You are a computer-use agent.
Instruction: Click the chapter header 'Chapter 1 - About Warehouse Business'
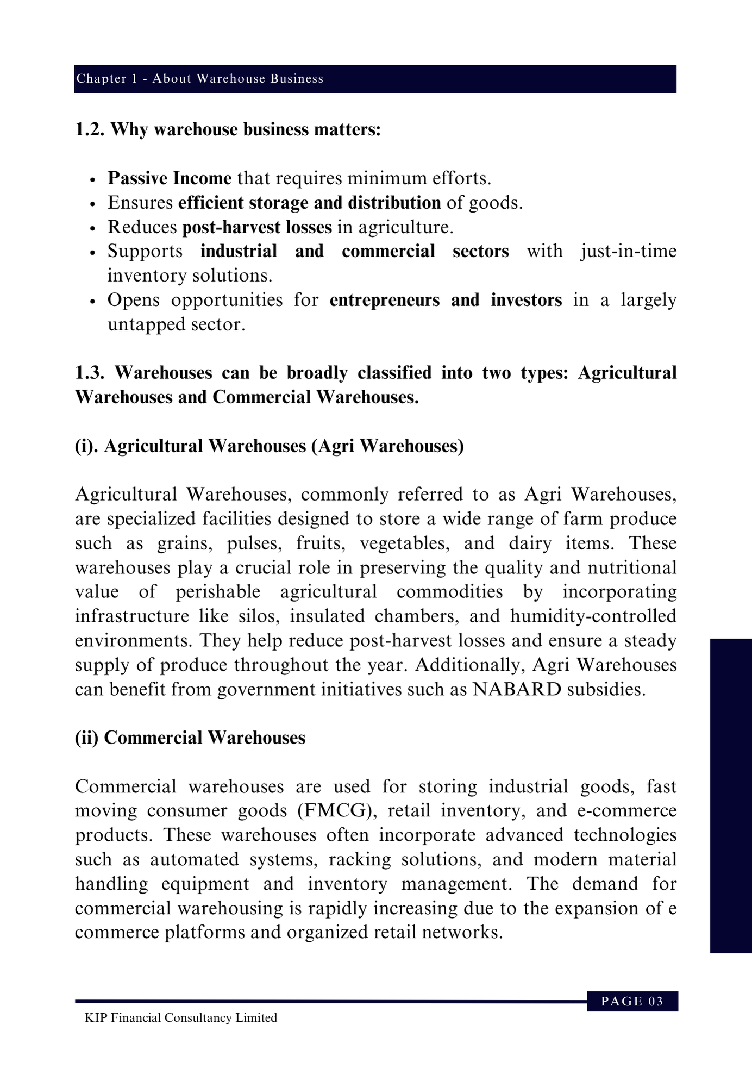click(199, 79)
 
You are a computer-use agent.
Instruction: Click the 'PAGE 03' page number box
click(632, 1001)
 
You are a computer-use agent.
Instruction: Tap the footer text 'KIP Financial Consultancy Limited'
click(181, 1017)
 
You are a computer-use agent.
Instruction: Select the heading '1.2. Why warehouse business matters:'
click(228, 130)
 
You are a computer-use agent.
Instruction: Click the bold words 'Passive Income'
click(170, 178)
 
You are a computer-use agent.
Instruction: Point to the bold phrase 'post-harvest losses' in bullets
click(256, 227)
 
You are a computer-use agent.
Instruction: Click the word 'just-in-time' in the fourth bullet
click(628, 251)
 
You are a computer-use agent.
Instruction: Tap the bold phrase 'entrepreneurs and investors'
click(446, 300)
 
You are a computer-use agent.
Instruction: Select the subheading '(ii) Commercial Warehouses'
click(190, 738)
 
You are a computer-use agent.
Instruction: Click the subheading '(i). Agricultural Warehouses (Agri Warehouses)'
click(270, 446)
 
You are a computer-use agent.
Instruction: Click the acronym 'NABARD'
click(517, 689)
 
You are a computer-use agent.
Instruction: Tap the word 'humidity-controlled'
click(593, 616)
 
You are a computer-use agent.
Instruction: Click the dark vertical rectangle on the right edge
click(731, 796)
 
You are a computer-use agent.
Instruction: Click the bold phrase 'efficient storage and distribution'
click(309, 203)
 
